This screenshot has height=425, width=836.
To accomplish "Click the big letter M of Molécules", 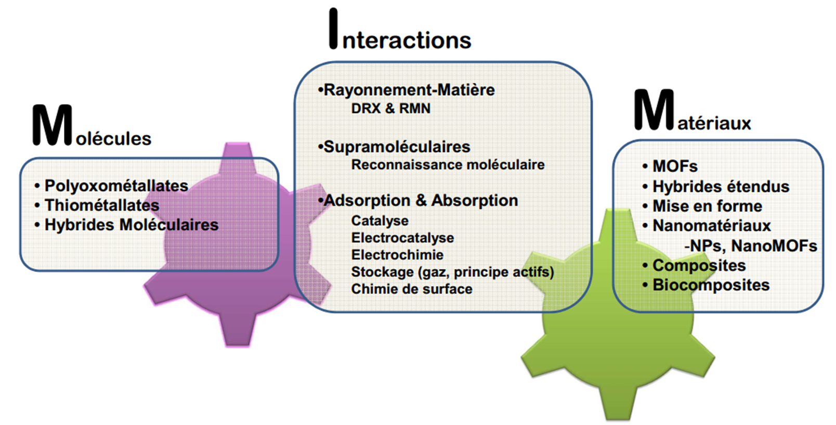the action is coord(52,125).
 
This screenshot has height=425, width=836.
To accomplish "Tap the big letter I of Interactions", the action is coord(333,29).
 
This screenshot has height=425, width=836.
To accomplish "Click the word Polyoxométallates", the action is coord(116,186).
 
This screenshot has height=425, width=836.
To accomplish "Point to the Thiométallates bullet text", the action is coord(102,205).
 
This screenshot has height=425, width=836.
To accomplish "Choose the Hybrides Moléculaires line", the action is coord(132,225).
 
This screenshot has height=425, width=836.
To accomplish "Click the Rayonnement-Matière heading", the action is coord(409,90).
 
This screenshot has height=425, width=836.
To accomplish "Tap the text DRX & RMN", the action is coord(391,108).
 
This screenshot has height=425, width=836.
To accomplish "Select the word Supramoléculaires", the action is coord(397,147).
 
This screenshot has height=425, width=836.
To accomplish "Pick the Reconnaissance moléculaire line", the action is coord(448,165).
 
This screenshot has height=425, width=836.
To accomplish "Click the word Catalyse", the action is coord(380,221).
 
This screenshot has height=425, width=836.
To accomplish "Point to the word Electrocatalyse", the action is coord(403,238).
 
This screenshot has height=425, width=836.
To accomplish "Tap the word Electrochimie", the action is coord(398,255).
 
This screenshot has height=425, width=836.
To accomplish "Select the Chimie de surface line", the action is coord(412,289).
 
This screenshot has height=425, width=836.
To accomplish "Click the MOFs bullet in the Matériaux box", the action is coord(675,166).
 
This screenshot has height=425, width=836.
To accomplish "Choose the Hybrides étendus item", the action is coord(721,186).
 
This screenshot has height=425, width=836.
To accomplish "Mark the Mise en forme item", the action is coord(707,206).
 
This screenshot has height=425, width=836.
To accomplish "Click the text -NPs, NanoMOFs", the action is coord(751,246).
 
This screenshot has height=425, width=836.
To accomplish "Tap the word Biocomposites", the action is coord(711,285).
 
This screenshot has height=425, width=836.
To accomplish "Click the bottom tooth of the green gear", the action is coord(618,402).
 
